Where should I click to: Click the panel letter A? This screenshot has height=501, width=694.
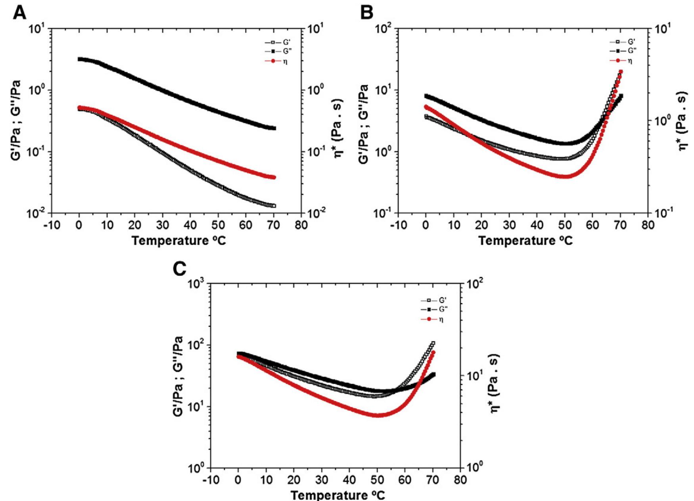[20, 13]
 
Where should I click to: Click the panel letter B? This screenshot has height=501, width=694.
[367, 13]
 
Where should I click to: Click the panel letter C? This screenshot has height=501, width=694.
[180, 269]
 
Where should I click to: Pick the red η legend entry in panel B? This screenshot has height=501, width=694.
[621, 61]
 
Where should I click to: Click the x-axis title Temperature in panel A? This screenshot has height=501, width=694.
[178, 241]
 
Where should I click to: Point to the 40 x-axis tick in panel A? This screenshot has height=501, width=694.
[190, 225]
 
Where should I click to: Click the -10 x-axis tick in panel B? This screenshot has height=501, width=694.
[398, 225]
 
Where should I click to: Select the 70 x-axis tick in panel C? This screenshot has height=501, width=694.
[433, 480]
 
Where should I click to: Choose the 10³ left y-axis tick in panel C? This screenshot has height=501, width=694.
[196, 284]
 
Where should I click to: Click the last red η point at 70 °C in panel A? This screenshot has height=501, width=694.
[273, 177]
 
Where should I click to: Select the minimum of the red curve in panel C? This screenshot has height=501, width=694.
[377, 415]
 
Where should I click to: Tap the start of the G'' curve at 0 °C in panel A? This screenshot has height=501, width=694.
[80, 59]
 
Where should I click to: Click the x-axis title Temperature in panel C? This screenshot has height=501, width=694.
[337, 495]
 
